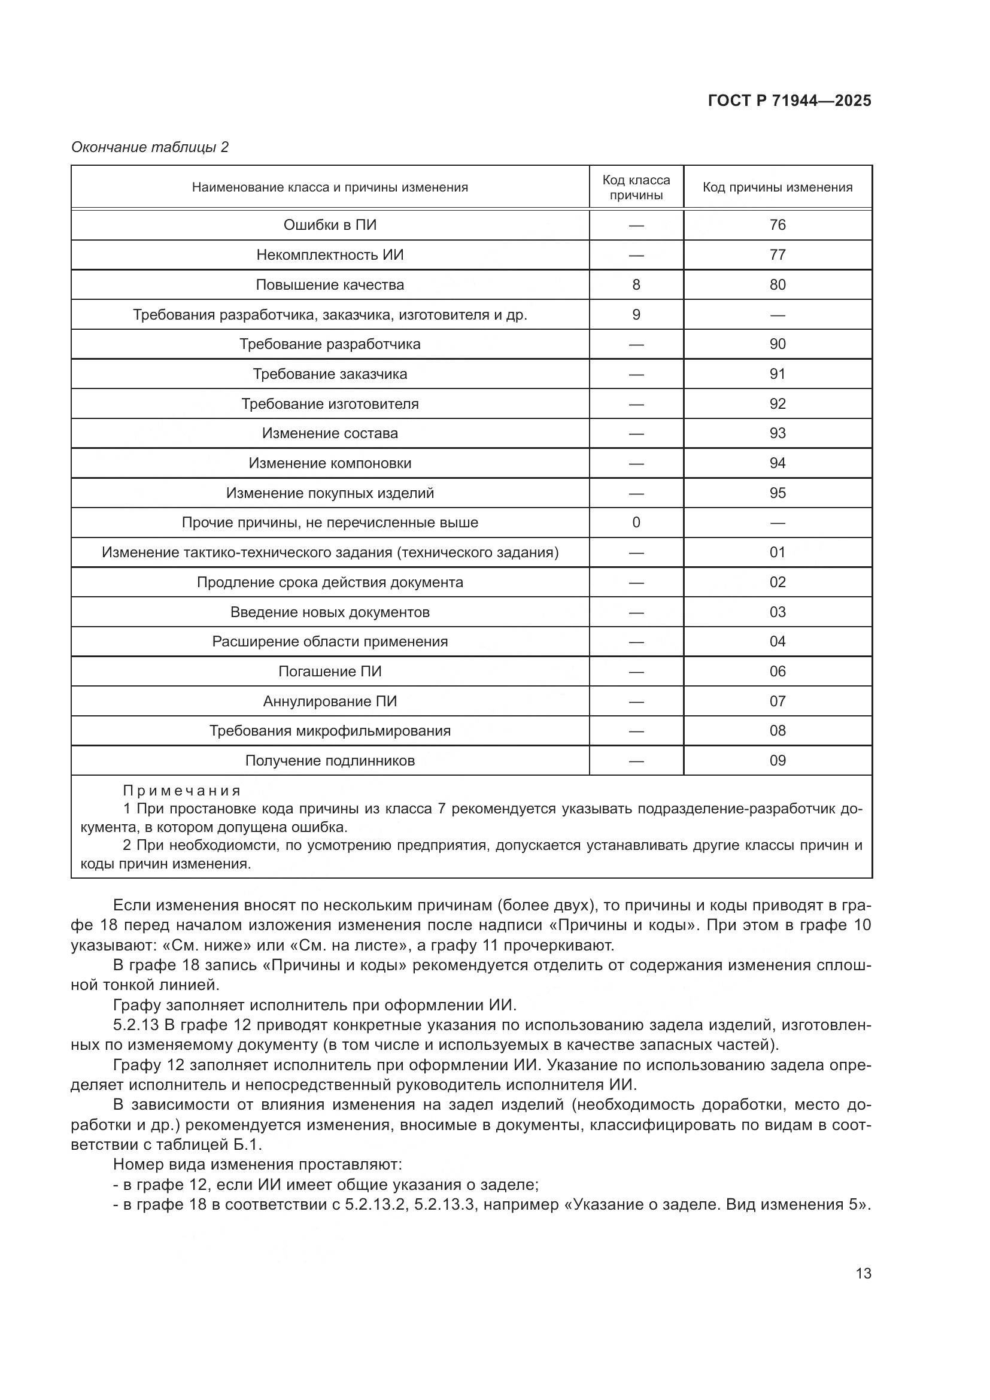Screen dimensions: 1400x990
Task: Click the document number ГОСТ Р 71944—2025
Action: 789,101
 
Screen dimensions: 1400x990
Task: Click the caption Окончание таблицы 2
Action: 150,147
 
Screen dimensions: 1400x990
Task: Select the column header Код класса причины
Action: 636,187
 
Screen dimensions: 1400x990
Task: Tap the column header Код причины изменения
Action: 778,187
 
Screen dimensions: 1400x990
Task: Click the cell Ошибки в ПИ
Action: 330,225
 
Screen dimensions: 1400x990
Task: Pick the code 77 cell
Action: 778,255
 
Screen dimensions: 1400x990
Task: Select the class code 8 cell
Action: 636,285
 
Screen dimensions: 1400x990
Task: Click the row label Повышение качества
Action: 330,285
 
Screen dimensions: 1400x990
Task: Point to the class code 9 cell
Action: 636,315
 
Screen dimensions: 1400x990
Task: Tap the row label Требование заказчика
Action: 330,373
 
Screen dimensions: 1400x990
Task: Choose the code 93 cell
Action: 778,433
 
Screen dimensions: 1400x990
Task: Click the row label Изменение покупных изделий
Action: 330,493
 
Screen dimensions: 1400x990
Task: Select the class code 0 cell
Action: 636,523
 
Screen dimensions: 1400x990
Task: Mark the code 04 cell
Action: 778,642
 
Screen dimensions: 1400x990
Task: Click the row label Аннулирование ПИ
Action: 330,701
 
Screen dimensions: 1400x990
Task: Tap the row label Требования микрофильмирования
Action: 330,730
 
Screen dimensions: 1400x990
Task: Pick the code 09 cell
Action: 778,760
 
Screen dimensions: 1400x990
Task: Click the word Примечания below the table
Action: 182,791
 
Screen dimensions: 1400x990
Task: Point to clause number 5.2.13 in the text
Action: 135,1025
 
